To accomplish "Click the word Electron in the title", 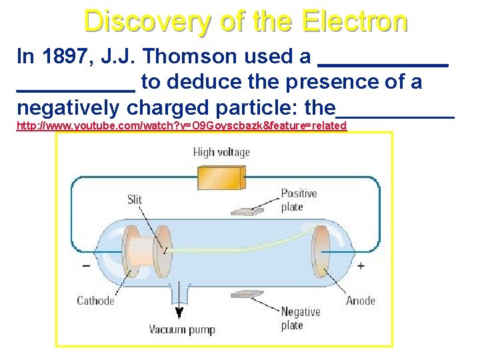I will coord(354,21).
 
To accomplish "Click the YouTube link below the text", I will coord(181,125).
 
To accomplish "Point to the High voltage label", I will coord(221,152).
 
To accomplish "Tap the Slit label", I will coord(135,199).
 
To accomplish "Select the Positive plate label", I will coord(299,200).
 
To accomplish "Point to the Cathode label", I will coord(95,301).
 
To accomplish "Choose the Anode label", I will coord(360,301).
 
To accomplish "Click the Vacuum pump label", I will coord(182,329).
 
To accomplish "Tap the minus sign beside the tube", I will coord(87,265).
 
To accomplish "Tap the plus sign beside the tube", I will coord(361,265).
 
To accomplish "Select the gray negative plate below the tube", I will coord(247,294).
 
